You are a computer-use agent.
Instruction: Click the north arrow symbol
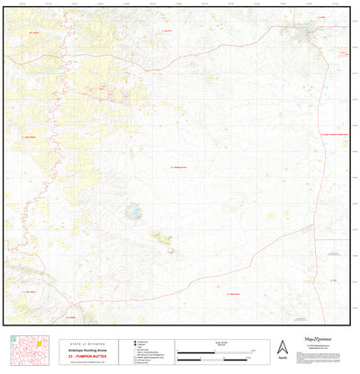[282, 346]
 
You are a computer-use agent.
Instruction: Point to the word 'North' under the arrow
[282, 359]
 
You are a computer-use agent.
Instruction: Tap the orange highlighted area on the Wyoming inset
[37, 343]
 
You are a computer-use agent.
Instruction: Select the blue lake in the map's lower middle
[132, 214]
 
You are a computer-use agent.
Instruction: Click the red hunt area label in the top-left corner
[34, 31]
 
